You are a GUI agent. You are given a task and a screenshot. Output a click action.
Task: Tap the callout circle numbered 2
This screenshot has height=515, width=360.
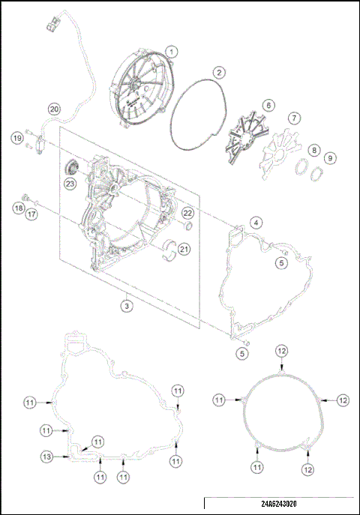tap(218, 73)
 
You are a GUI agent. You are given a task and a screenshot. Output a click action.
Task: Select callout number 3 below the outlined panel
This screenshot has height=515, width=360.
tap(128, 305)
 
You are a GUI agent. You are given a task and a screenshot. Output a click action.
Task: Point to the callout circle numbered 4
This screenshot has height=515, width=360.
tap(256, 223)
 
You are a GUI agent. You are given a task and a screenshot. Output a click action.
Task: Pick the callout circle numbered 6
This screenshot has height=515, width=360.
tap(267, 105)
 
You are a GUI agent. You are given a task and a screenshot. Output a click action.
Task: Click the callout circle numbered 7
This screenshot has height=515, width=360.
tap(295, 118)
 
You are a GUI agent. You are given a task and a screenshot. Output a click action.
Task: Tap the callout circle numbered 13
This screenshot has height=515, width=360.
tap(46, 456)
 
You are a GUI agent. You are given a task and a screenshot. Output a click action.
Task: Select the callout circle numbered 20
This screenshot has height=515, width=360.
tap(54, 107)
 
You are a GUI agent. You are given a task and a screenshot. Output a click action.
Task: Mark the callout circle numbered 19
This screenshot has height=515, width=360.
tap(16, 137)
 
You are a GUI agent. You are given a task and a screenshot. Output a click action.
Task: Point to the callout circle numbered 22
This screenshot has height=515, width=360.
tap(188, 214)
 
